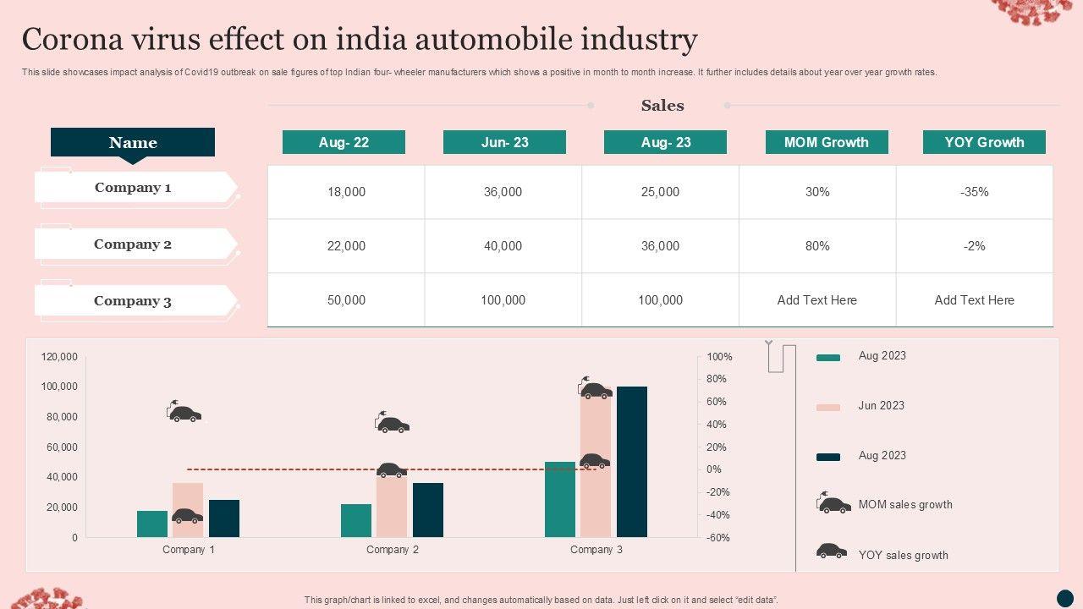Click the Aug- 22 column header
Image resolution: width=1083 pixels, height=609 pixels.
click(x=344, y=142)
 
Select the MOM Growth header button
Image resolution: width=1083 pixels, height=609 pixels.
click(x=826, y=142)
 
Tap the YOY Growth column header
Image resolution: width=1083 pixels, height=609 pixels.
click(x=984, y=142)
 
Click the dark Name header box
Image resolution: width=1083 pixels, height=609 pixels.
click(x=133, y=142)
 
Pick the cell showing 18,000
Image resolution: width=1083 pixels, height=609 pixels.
click(x=346, y=192)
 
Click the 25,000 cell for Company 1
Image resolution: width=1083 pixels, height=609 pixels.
click(x=660, y=192)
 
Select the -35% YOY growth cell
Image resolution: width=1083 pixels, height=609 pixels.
click(x=974, y=192)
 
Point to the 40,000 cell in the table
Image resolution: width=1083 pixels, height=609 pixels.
click(x=503, y=246)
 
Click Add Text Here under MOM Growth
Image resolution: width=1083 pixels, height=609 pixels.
click(x=816, y=300)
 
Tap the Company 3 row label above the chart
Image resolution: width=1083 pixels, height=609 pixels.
click(x=133, y=301)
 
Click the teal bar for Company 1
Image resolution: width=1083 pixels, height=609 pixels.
click(x=152, y=524)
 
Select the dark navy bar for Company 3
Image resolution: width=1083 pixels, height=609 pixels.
click(x=631, y=462)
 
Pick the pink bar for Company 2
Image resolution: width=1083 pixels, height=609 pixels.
click(x=392, y=506)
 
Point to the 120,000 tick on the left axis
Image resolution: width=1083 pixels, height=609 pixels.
click(x=59, y=358)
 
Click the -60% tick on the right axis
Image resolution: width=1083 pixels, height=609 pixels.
click(x=718, y=538)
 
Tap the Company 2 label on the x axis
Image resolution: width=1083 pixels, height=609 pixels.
click(x=393, y=550)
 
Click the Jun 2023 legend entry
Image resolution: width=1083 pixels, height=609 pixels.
click(x=881, y=406)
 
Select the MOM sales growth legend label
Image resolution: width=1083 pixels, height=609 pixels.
click(x=904, y=505)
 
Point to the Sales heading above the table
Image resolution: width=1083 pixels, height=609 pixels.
click(x=662, y=106)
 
